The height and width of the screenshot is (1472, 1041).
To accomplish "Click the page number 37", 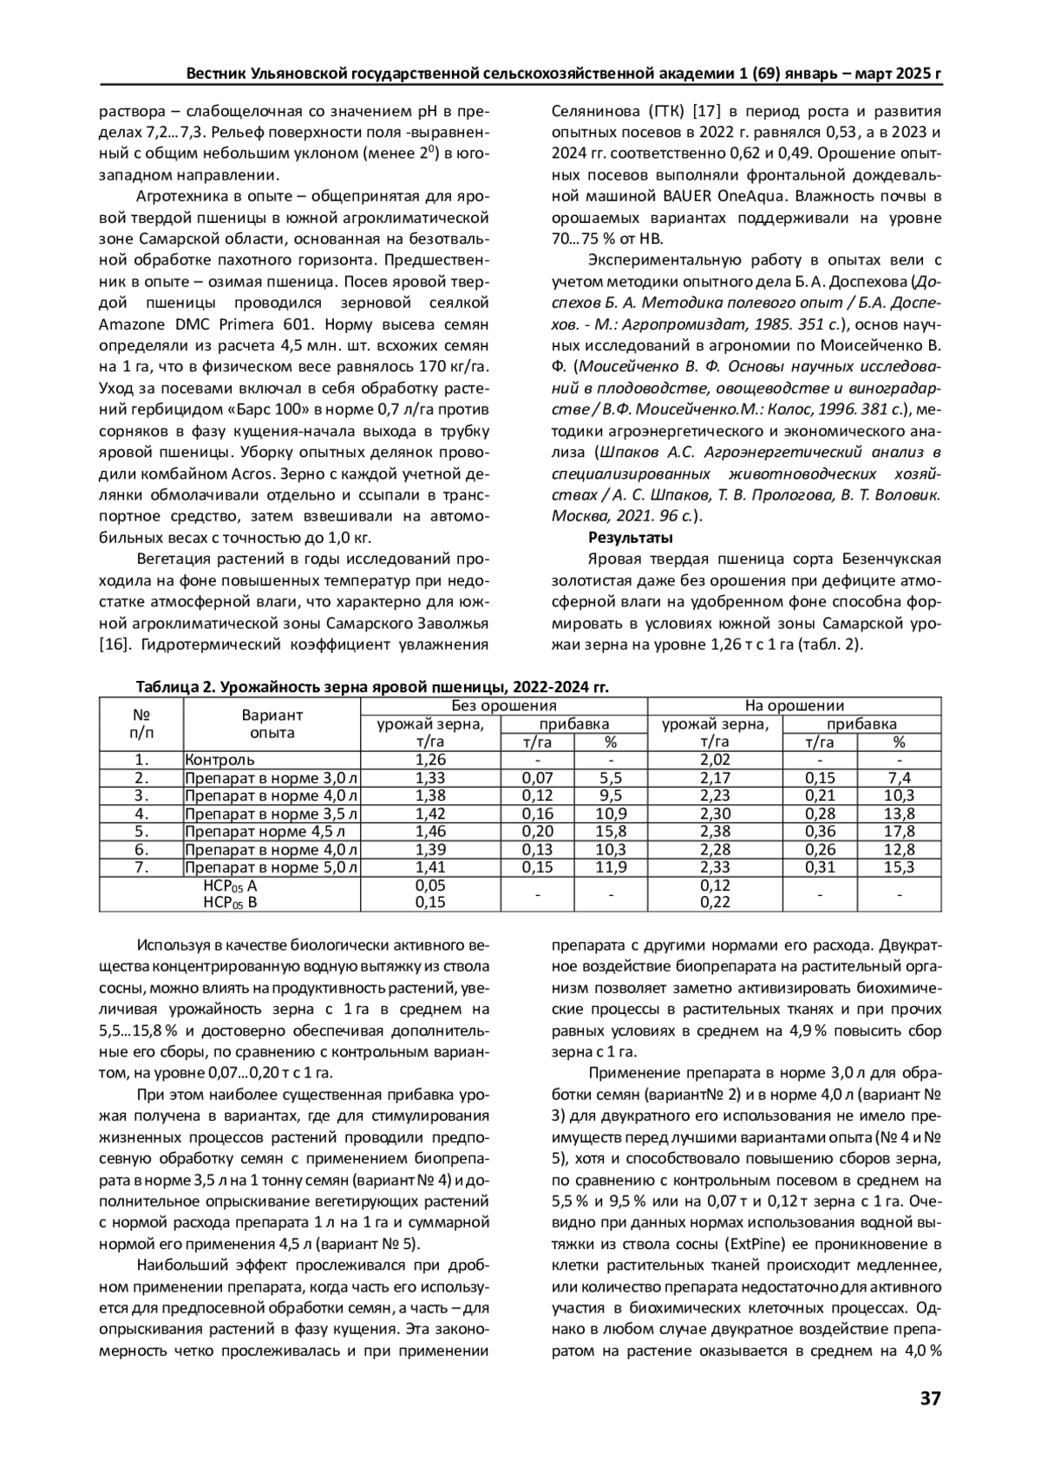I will [x=930, y=1399].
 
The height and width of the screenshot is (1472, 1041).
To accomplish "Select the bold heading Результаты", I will [x=619, y=538].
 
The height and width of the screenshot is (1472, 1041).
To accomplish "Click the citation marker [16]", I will [x=114, y=644].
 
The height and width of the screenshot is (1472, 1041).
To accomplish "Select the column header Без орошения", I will [x=504, y=706].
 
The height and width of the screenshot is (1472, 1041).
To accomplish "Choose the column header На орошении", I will [x=794, y=706].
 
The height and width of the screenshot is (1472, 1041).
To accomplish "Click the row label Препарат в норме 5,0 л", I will [x=271, y=867].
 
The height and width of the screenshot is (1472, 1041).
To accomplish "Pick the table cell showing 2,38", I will [x=715, y=831].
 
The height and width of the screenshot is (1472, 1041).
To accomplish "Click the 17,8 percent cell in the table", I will [x=899, y=831].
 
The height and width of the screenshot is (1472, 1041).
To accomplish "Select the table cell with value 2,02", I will [x=715, y=760].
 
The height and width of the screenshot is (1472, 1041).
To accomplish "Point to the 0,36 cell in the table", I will [x=820, y=831].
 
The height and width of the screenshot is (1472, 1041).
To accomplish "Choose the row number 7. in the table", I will [x=141, y=867].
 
